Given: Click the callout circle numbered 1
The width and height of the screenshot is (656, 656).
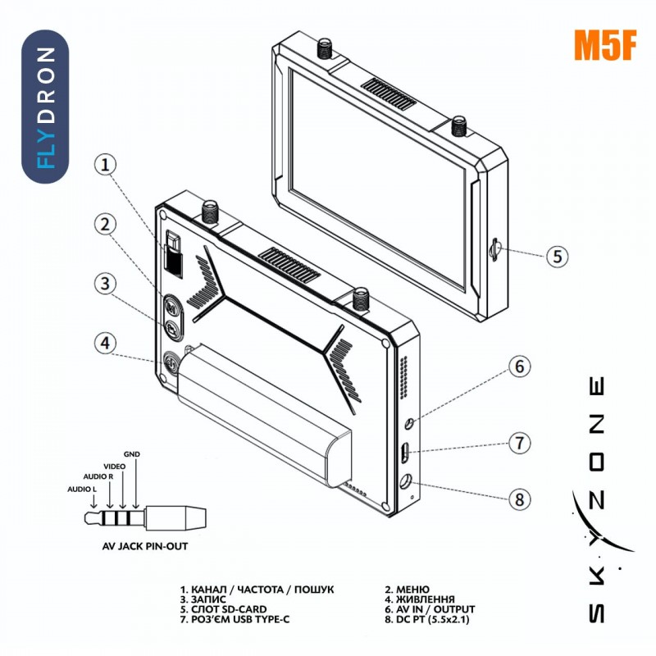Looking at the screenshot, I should pyautogui.click(x=105, y=165).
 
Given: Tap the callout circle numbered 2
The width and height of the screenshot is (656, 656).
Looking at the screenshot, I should pyautogui.click(x=105, y=223).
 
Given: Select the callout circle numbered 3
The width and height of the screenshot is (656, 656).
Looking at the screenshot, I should pyautogui.click(x=105, y=284).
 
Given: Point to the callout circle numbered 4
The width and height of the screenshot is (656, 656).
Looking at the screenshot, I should pyautogui.click(x=105, y=343).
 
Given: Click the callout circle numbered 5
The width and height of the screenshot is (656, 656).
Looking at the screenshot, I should pyautogui.click(x=557, y=256).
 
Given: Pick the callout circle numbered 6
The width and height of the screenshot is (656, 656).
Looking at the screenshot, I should pyautogui.click(x=519, y=366).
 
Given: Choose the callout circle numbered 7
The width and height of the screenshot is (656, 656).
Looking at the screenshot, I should pyautogui.click(x=519, y=444).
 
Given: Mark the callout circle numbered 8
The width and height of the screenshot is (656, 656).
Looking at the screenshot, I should pyautogui.click(x=519, y=499).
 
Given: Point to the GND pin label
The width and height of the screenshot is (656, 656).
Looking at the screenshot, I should pyautogui.click(x=131, y=453).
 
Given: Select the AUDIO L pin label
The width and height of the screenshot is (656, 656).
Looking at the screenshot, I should pyautogui.click(x=82, y=490).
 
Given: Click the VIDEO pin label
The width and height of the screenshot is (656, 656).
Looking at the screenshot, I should pyautogui.click(x=116, y=465).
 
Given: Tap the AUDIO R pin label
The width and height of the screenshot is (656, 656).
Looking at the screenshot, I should pyautogui.click(x=98, y=476).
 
